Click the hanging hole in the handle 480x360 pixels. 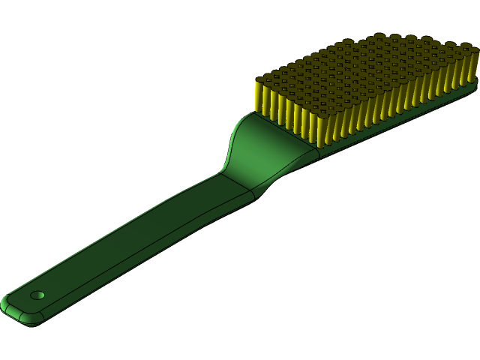tap(37, 295)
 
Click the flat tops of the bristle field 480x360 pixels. tap(367, 67)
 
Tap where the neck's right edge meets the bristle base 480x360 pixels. tap(319, 150)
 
